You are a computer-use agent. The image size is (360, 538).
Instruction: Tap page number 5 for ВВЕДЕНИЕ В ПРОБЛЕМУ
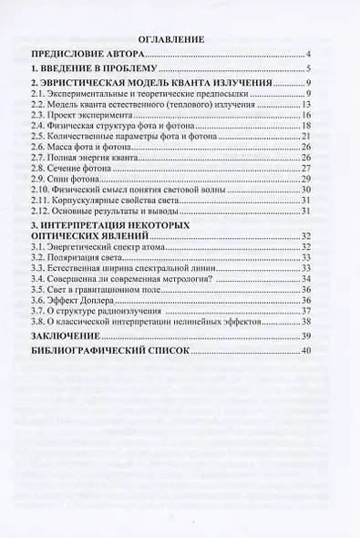click(310, 68)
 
